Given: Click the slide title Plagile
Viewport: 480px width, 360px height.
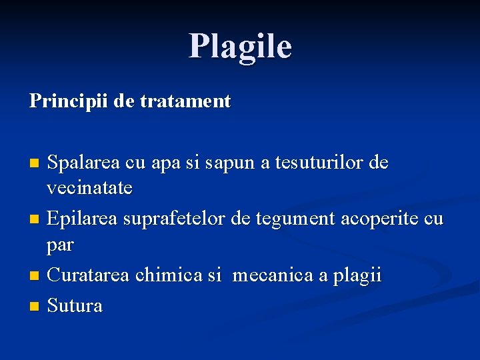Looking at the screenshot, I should pyautogui.click(x=240, y=46).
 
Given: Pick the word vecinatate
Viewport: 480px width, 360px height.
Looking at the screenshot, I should pyautogui.click(x=89, y=189).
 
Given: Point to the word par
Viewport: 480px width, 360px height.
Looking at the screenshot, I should pyautogui.click(x=60, y=245).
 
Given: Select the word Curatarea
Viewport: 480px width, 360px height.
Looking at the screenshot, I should pyautogui.click(x=90, y=275).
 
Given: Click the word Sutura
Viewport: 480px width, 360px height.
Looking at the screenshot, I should pyautogui.click(x=75, y=306).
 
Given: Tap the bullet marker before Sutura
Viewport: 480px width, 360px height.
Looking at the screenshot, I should pyautogui.click(x=35, y=307).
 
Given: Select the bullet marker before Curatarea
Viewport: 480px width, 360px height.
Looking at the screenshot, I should pyautogui.click(x=35, y=276).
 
